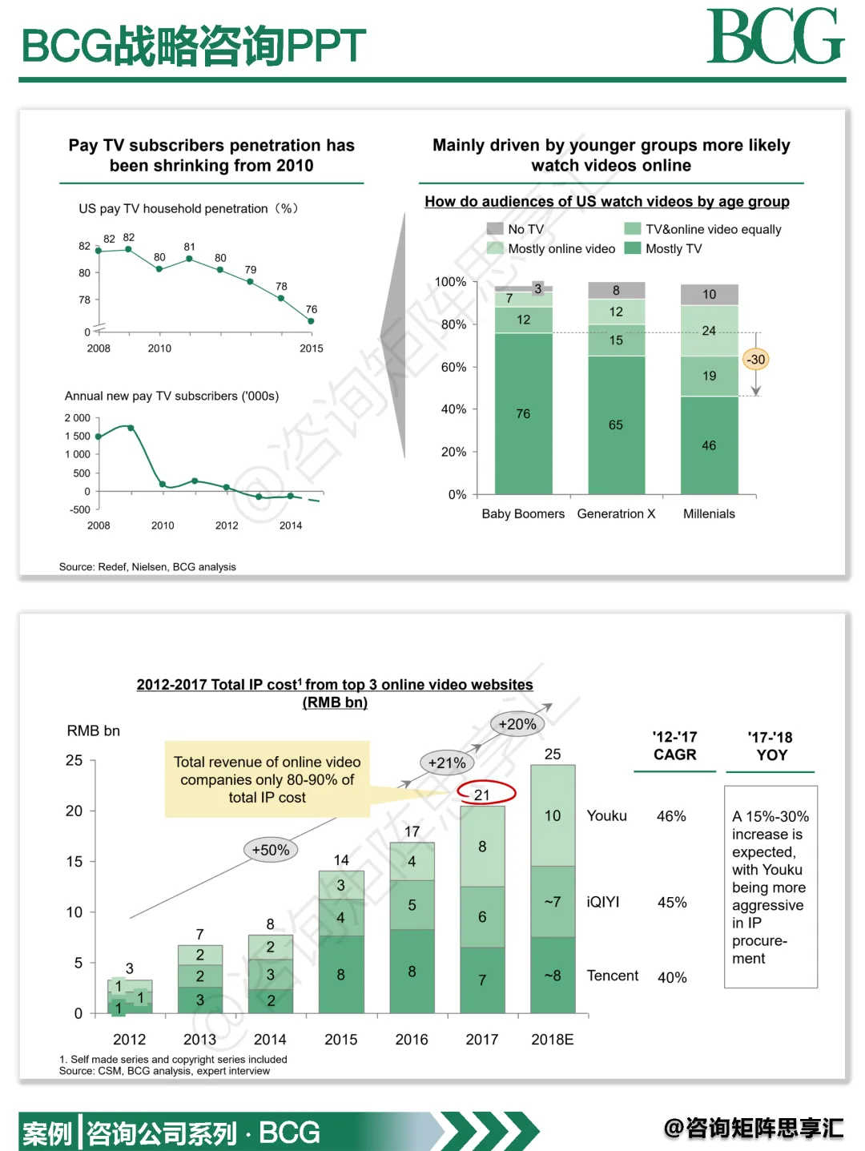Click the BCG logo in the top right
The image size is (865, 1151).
[774, 37]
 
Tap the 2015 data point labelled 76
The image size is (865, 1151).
[311, 321]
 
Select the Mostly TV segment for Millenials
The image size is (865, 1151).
[709, 445]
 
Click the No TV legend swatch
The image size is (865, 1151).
[495, 229]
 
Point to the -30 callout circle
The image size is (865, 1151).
[756, 360]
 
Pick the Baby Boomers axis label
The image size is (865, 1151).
[523, 514]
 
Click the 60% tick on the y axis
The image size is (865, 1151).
[453, 367]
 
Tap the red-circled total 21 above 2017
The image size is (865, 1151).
[483, 795]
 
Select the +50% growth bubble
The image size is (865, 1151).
[271, 850]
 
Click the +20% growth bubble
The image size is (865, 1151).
[517, 724]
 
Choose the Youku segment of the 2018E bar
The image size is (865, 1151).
[553, 815]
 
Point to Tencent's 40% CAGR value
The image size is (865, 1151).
[672, 977]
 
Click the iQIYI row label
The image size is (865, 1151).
[603, 902]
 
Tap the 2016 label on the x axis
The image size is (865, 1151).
[412, 1040]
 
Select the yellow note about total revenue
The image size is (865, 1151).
[267, 779]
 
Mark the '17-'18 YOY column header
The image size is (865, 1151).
[770, 747]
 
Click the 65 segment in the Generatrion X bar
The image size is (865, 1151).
[616, 425]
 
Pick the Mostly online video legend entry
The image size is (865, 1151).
[561, 249]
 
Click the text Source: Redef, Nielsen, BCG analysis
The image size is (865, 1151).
[147, 567]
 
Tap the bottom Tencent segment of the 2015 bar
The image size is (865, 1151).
[341, 975]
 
